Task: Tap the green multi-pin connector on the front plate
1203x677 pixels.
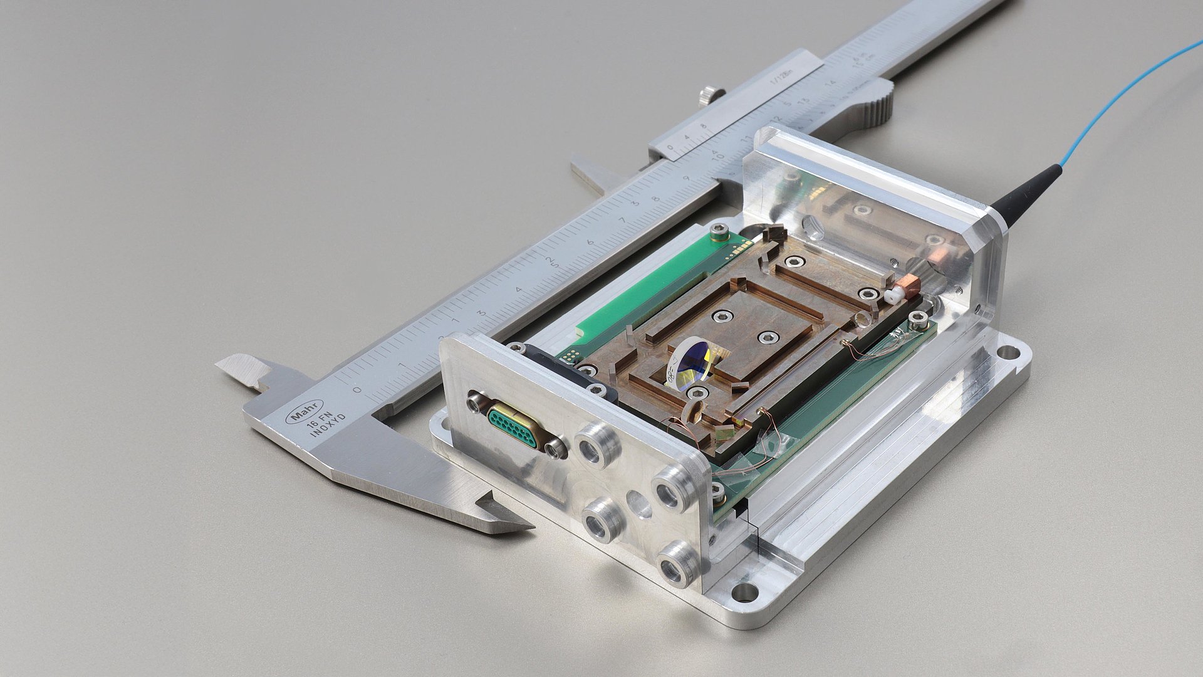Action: click(x=513, y=426)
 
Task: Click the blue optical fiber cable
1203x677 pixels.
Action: click(x=1122, y=94)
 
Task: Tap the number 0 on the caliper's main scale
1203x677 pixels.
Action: click(x=357, y=390)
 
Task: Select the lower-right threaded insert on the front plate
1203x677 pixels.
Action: click(x=676, y=564)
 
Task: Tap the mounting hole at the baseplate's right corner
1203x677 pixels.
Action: click(x=1008, y=352)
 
